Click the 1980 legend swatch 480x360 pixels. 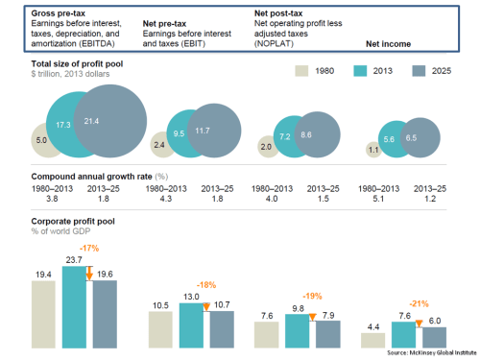click(300, 71)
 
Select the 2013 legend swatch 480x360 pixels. click(361, 71)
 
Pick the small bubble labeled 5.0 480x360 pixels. click(41, 140)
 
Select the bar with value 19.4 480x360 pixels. click(42, 314)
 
